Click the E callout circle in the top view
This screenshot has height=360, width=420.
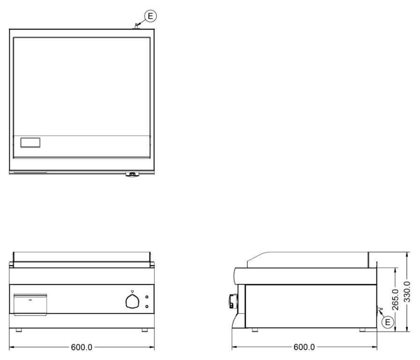coord(150,16)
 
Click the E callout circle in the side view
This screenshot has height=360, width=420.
coord(388,322)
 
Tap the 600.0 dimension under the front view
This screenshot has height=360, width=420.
coord(81,347)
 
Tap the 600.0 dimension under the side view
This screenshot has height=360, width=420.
coord(304,347)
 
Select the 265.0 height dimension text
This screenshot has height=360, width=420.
coord(396,299)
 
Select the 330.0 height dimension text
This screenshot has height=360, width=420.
coord(407,292)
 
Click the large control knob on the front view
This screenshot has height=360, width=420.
coord(133,301)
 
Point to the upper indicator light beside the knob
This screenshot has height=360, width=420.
coord(147,297)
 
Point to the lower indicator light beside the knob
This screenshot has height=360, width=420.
coord(147,306)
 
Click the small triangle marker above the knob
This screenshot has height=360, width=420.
coord(132,292)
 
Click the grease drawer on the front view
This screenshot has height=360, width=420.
coord(30,305)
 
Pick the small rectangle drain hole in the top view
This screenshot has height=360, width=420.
coord(30,142)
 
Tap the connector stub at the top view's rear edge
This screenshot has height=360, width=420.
coord(136,26)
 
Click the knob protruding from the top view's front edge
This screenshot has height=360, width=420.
coord(133,175)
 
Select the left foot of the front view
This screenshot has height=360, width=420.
coord(19,330)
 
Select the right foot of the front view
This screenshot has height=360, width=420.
coord(145,330)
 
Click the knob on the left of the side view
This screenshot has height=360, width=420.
coord(233,301)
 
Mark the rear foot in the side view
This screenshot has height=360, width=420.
coord(363,330)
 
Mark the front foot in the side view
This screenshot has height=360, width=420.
coord(255,330)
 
